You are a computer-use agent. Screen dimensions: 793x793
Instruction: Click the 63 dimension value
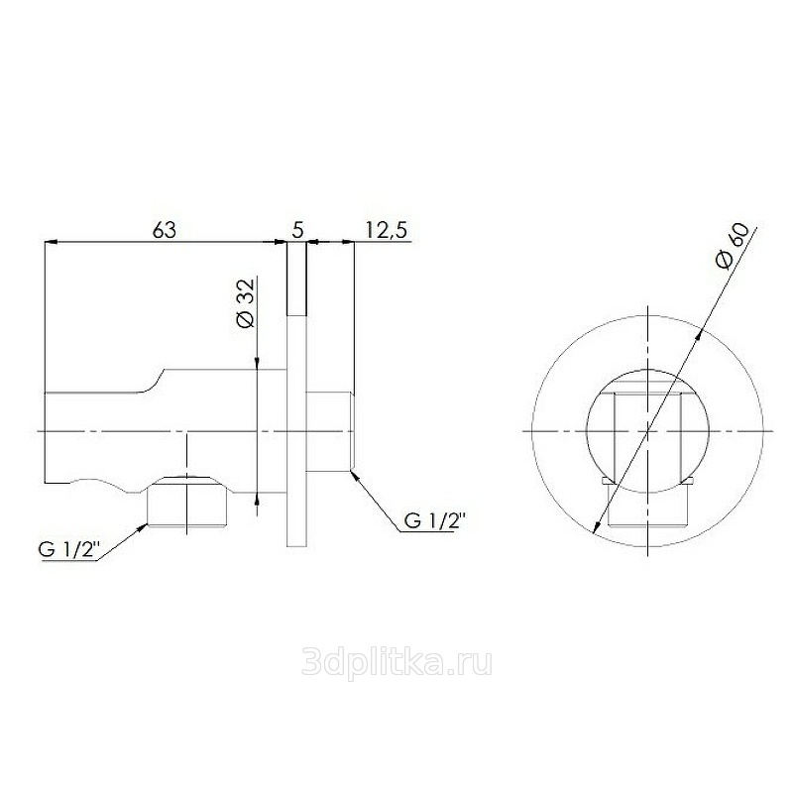pyautogui.click(x=165, y=230)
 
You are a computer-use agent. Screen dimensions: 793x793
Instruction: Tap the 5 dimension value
pyautogui.click(x=298, y=231)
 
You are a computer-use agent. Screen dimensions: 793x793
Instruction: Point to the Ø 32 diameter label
pyautogui.click(x=247, y=303)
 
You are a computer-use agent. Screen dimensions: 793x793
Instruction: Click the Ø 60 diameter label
pyautogui.click(x=733, y=247)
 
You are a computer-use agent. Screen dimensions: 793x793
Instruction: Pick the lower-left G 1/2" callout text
pyautogui.click(x=67, y=550)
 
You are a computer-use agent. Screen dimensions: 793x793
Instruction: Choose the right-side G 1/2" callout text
pyautogui.click(x=434, y=520)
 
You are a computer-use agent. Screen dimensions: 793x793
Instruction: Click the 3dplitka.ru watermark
pyautogui.click(x=396, y=662)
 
